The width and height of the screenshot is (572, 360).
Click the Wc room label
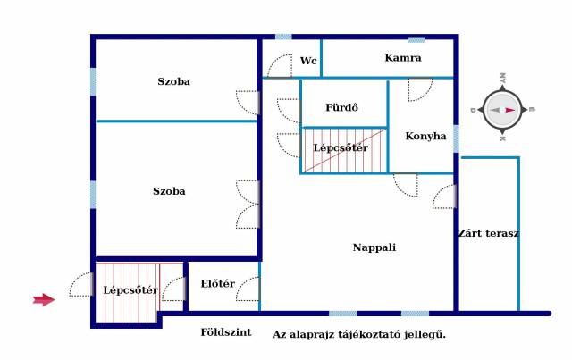point(308,61)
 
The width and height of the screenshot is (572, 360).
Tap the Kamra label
point(403,58)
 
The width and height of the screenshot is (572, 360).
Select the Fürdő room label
point(341,107)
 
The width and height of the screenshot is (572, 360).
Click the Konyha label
point(425,136)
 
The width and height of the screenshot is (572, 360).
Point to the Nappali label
point(374,247)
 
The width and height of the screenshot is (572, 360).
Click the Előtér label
point(218,283)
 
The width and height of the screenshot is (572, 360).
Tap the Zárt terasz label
point(489,233)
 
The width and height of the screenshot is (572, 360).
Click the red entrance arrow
point(44,300)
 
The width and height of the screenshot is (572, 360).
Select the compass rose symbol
point(502,110)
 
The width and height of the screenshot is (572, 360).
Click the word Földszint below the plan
point(226,332)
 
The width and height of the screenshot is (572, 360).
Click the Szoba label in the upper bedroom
point(173,81)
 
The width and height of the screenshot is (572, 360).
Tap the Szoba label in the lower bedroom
point(169,191)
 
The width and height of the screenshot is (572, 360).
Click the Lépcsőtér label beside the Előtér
point(130,290)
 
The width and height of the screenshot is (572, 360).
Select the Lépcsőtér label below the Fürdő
point(341,147)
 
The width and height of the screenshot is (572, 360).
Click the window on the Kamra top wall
point(416,40)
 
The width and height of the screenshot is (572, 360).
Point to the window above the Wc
point(283,37)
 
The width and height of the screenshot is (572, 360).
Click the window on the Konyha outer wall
point(456,138)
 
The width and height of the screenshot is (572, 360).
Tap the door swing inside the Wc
point(280,66)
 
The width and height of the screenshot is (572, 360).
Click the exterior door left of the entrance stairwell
point(81,284)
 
